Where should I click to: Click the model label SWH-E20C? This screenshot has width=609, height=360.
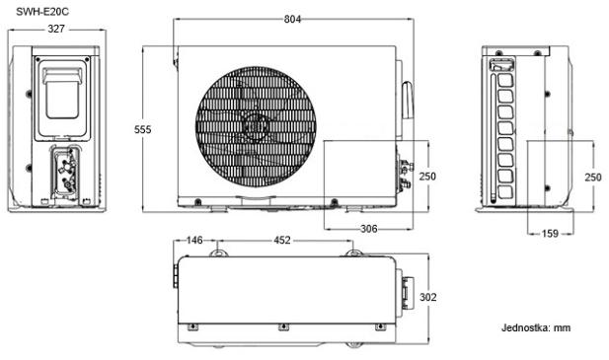[42, 12]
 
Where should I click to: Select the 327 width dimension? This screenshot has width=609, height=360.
[56, 29]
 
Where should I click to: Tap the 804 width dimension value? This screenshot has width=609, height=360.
[292, 19]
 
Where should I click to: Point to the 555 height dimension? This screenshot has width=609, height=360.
[142, 129]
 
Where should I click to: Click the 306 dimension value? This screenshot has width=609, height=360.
[368, 229]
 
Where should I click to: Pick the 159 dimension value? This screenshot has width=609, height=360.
[550, 234]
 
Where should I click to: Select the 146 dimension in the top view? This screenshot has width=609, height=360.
[194, 241]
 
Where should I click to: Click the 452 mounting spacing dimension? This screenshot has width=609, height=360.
[282, 241]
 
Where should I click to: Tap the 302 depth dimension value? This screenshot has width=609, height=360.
[428, 297]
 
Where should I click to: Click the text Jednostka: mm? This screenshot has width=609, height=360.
[536, 327]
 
